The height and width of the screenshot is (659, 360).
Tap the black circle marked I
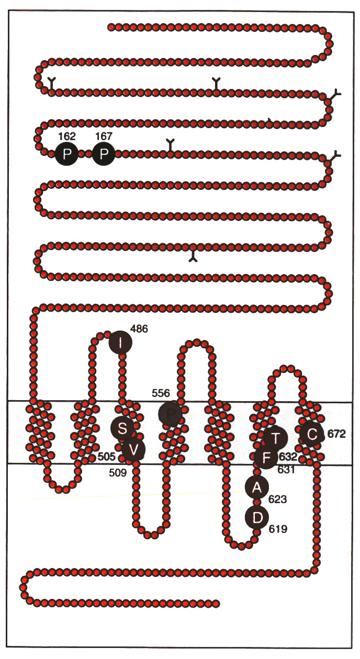click(x=121, y=343)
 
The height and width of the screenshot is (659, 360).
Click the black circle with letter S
click(x=122, y=429)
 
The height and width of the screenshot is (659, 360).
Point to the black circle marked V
click(x=133, y=449)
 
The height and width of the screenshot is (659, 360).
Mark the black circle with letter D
click(x=257, y=518)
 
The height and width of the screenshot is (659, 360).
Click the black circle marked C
click(x=312, y=434)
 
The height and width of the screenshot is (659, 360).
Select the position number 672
click(x=337, y=434)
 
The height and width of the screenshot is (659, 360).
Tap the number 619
click(x=278, y=530)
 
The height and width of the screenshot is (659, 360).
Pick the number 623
click(x=277, y=499)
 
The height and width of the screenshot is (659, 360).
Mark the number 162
click(x=67, y=137)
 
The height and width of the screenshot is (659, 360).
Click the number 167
click(x=104, y=137)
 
